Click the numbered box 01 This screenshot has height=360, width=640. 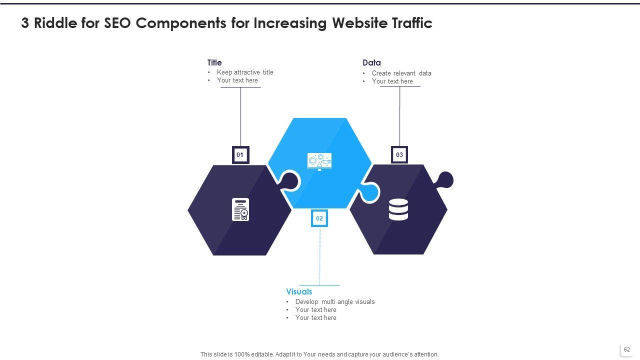coord(240,155)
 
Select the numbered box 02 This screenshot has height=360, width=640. coord(319,218)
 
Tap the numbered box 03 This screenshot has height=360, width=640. coord(399,155)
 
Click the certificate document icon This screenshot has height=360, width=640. coord(240,209)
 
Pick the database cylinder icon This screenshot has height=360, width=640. coord(398,209)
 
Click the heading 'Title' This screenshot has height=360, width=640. coord(214,62)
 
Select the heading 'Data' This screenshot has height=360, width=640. coord(371,62)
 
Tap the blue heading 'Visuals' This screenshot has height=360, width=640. coord(299,291)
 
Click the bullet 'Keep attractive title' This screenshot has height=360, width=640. coord(245,72)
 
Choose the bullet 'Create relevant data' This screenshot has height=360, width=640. coord(401,73)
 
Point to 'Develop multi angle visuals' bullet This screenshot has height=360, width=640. coord(335,302)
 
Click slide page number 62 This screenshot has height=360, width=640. coord(627,350)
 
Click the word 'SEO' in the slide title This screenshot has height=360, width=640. coord(118,23)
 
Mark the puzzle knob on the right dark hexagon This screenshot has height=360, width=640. coord(445,179)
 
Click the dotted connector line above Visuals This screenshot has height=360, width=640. coord(320,255)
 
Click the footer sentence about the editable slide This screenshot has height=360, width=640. coord(319,354)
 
